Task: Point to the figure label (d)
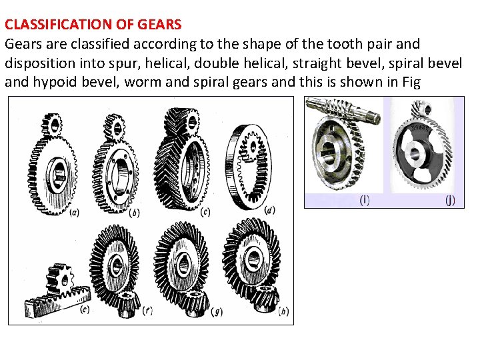pos(269,210)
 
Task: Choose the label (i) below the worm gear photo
pos(365,200)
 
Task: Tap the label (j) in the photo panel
pos(451,200)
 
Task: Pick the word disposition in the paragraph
pos(37,64)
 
